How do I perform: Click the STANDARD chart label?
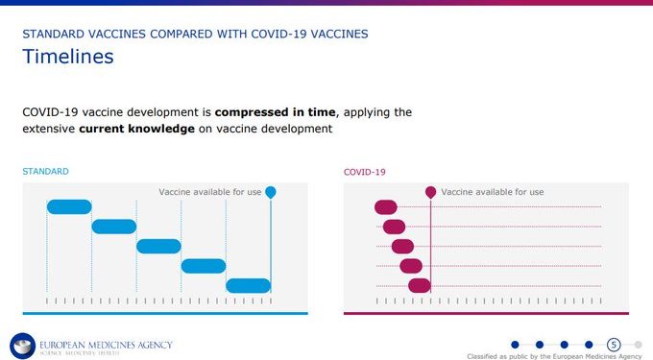[45, 172]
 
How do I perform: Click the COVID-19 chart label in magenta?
[364, 172]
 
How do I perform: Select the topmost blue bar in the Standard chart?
[69, 206]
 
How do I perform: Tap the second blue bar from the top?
[114, 227]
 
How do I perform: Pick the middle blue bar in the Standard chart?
[158, 246]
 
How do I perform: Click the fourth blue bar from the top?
[204, 266]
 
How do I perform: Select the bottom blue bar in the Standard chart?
[248, 285]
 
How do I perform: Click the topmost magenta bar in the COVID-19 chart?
[386, 206]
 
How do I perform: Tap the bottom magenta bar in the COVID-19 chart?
[420, 285]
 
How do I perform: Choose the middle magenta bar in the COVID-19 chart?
[402, 246]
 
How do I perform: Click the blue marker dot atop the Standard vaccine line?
[271, 192]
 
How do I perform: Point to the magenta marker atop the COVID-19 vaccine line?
[431, 192]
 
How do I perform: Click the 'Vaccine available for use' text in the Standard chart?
[209, 192]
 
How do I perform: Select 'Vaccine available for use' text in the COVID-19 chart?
[492, 192]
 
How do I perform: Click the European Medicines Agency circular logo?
[22, 346]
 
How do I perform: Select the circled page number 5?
[614, 345]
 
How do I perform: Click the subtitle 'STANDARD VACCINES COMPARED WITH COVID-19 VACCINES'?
[194, 34]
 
